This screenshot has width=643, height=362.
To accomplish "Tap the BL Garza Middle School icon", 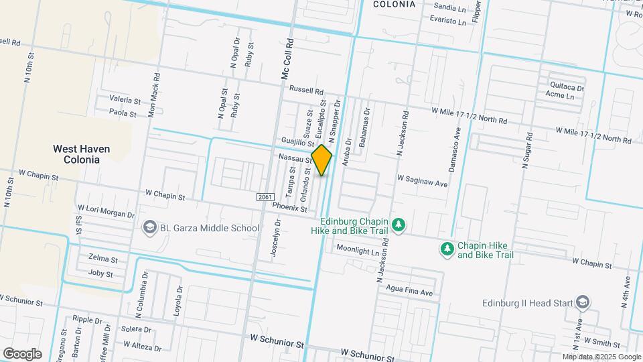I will click(149, 228).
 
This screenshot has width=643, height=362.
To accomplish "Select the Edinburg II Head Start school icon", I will click(583, 303).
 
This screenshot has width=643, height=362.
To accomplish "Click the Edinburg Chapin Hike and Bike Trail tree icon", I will click(399, 224).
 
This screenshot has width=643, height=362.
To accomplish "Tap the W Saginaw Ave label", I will click(422, 180).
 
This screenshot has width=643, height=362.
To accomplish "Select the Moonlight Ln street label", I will click(358, 249).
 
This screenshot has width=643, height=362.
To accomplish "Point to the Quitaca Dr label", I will click(567, 87).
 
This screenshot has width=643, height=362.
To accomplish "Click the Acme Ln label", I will click(560, 97).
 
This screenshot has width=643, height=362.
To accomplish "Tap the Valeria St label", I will click(125, 101).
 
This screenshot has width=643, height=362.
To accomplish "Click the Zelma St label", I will click(103, 259).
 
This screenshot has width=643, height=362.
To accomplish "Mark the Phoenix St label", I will click(289, 208).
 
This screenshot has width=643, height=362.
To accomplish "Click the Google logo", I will click(22, 354).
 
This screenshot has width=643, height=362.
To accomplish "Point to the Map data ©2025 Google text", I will click(601, 357).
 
